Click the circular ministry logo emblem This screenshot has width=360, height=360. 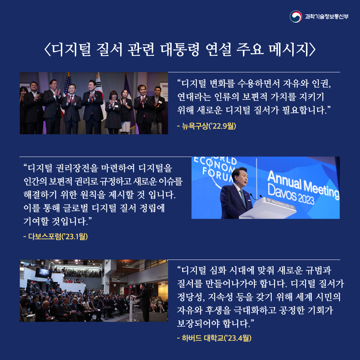[x=296, y=17]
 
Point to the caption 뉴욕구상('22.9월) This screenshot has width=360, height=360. [x=207, y=126]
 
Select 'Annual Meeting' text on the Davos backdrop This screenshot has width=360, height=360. [x=302, y=182]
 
